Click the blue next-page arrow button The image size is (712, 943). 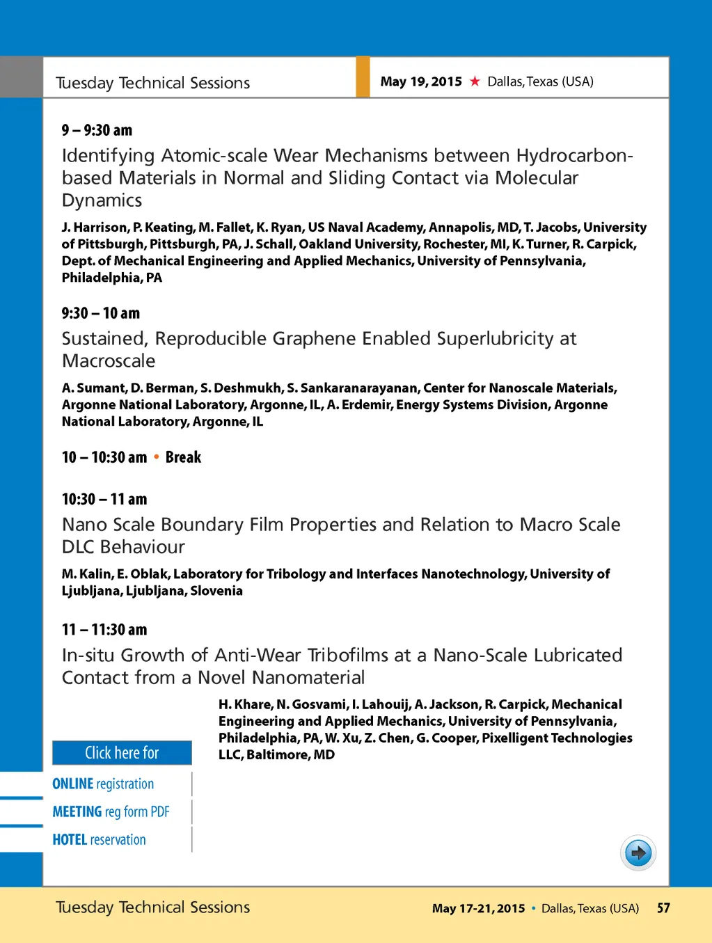(638, 853)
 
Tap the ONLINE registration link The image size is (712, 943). (103, 784)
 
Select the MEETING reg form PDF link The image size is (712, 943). (111, 811)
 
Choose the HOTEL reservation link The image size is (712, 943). (99, 839)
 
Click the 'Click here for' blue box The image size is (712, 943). (122, 753)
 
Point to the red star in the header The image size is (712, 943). (475, 81)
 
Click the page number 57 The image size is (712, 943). (663, 908)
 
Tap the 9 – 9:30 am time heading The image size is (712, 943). (97, 130)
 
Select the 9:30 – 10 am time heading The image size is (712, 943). (100, 313)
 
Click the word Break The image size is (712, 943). (183, 457)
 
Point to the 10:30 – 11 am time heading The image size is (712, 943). (104, 499)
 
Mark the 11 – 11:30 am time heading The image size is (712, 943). (104, 630)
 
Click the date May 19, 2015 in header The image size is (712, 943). (421, 81)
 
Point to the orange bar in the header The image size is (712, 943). (363, 77)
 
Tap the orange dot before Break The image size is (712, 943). (157, 457)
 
